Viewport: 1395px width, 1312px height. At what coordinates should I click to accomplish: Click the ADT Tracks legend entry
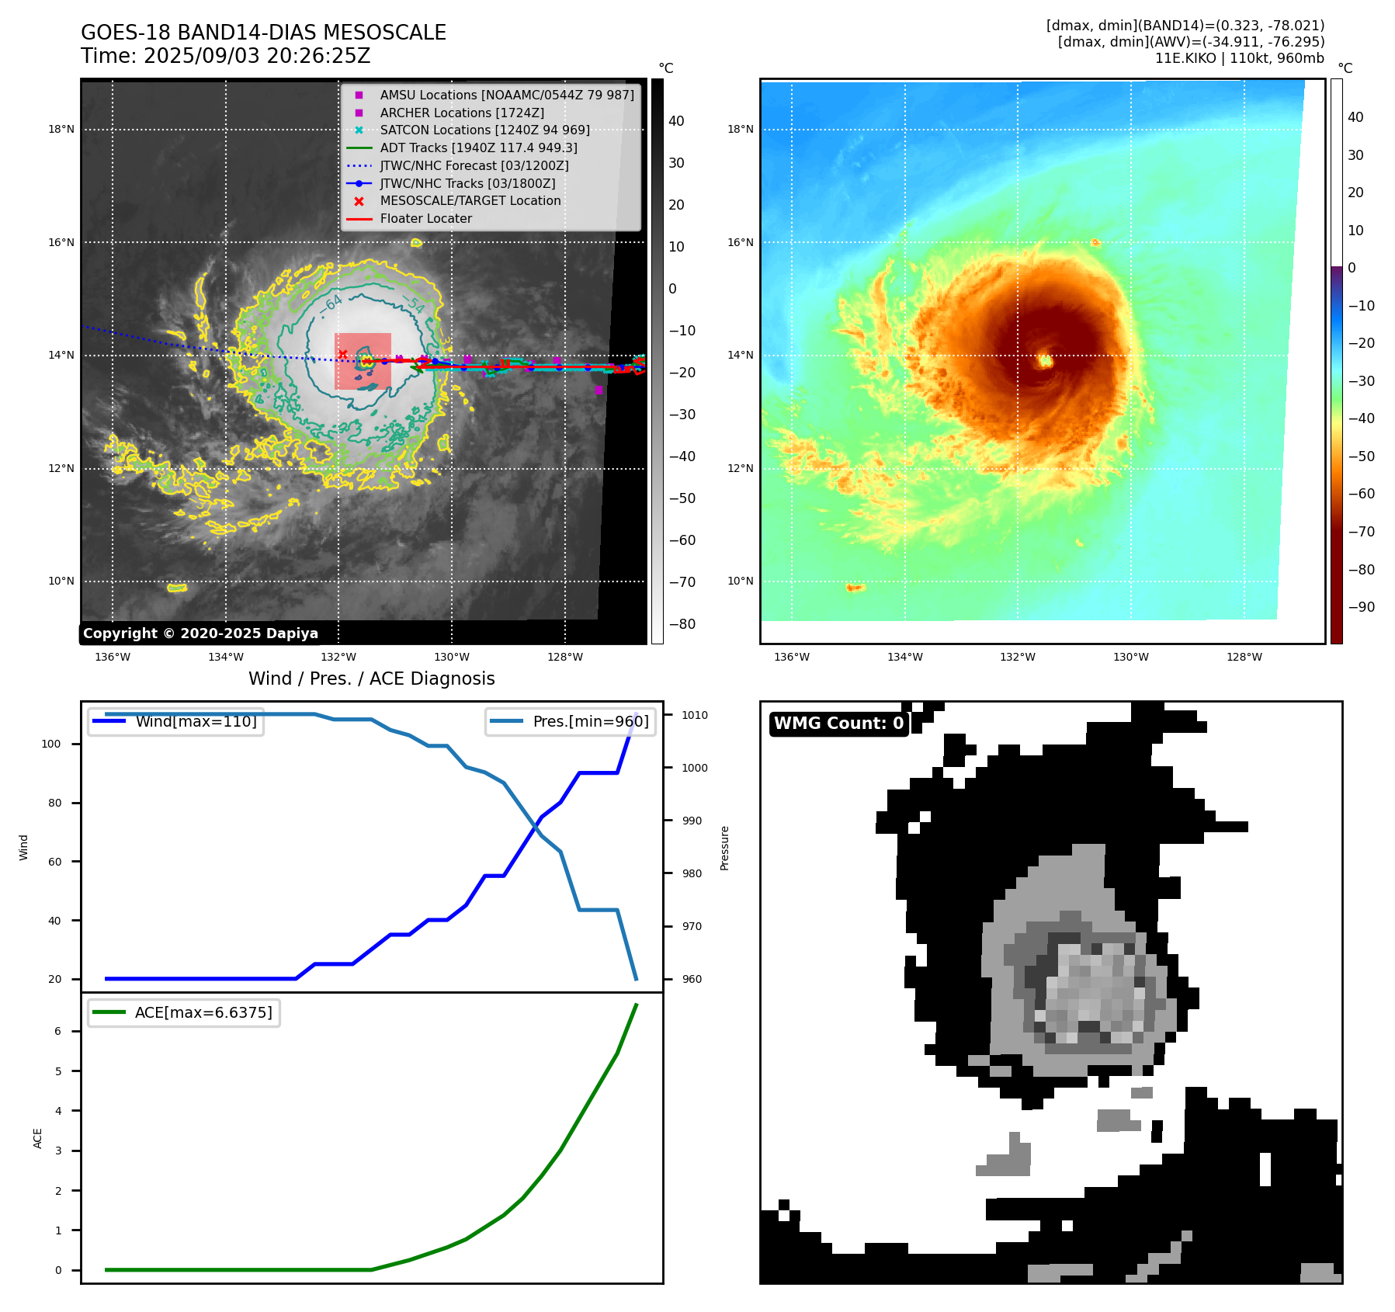click(x=478, y=148)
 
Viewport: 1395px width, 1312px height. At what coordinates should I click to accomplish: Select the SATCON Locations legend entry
click(x=484, y=130)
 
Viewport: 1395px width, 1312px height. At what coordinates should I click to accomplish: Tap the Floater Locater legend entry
click(x=425, y=218)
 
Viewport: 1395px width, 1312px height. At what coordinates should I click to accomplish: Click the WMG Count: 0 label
click(x=838, y=724)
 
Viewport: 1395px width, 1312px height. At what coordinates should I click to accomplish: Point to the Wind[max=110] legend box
click(x=176, y=721)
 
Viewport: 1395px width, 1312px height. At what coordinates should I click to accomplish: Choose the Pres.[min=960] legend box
click(x=571, y=721)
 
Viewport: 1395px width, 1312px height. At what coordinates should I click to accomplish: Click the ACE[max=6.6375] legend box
click(x=184, y=1012)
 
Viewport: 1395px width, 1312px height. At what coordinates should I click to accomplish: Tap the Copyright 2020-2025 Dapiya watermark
click(x=200, y=633)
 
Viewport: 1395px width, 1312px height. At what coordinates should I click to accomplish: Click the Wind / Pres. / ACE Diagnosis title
click(x=371, y=679)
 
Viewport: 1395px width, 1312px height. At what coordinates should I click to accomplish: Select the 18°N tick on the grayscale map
click(x=61, y=130)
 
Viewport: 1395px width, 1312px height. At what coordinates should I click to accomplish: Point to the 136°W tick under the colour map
click(x=791, y=657)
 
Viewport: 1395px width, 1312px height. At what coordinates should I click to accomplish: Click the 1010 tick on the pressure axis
click(x=695, y=715)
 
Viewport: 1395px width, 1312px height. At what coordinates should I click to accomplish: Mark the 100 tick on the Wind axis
click(x=51, y=744)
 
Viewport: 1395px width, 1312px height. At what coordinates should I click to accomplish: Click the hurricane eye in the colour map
click(x=1045, y=359)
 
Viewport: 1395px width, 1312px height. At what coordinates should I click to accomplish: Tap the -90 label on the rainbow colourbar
click(x=1361, y=607)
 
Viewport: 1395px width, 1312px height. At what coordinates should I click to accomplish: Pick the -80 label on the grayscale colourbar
click(x=682, y=624)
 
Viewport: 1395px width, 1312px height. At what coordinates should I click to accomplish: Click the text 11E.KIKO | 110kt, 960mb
click(x=1239, y=58)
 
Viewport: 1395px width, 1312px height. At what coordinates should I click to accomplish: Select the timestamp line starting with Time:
click(x=226, y=57)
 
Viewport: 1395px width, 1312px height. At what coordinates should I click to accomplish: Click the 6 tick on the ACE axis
click(x=58, y=1031)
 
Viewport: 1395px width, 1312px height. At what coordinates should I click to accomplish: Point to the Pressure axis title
click(x=724, y=848)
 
